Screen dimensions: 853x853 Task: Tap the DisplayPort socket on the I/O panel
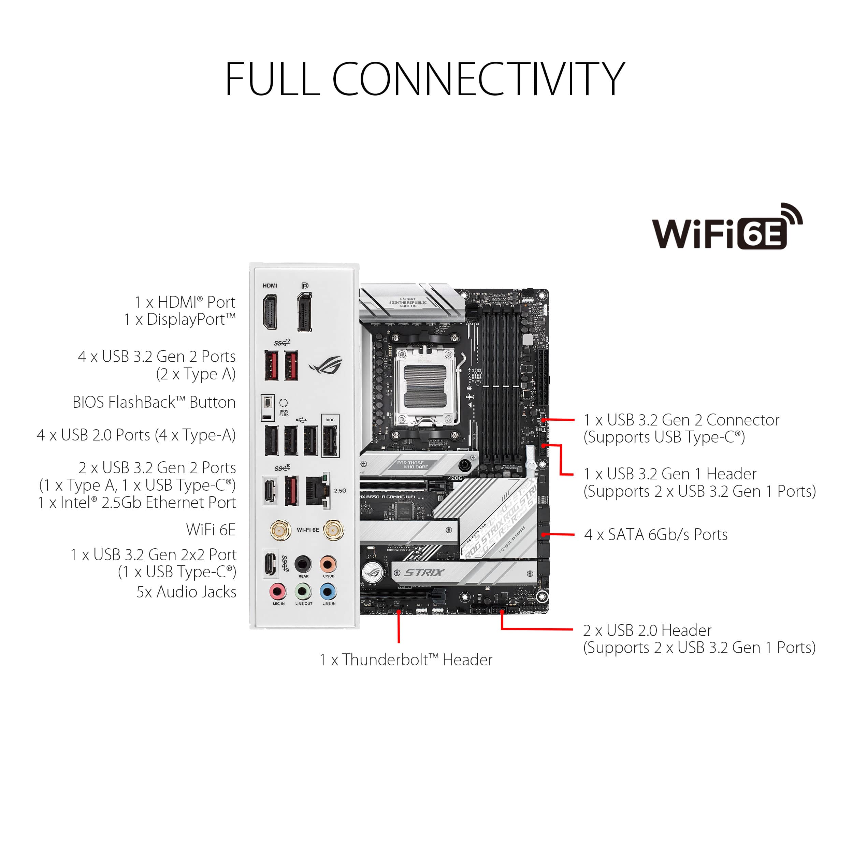click(304, 312)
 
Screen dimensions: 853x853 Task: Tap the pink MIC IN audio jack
click(278, 591)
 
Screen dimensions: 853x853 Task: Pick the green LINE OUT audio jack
click(303, 591)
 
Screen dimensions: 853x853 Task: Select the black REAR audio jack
click(303, 564)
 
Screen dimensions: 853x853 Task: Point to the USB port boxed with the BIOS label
click(330, 440)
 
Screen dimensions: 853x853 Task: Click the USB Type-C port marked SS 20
click(270, 564)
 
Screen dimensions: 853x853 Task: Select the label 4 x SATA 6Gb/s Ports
click(656, 535)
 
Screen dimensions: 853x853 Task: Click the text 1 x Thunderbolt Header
click(405, 660)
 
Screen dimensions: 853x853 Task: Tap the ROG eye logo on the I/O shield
click(326, 365)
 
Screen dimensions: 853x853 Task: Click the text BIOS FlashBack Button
click(154, 402)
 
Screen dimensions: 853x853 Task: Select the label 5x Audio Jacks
click(186, 592)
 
